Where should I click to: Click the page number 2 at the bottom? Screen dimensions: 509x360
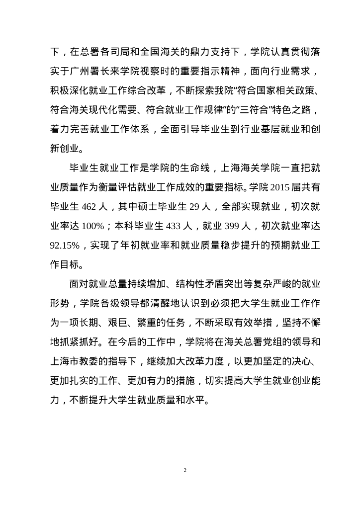point(184,470)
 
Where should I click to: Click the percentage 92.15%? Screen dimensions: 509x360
point(65,244)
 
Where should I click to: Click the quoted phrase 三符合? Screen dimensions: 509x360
point(240,106)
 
